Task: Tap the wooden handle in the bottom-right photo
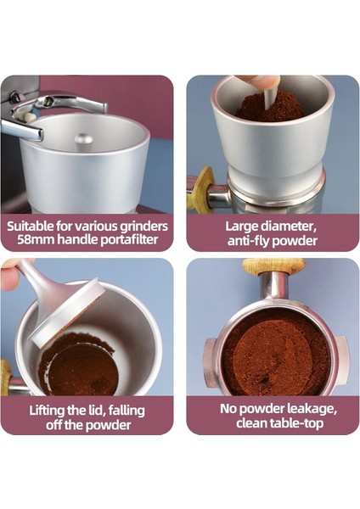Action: (272, 266)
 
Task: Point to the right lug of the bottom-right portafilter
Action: (340, 350)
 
